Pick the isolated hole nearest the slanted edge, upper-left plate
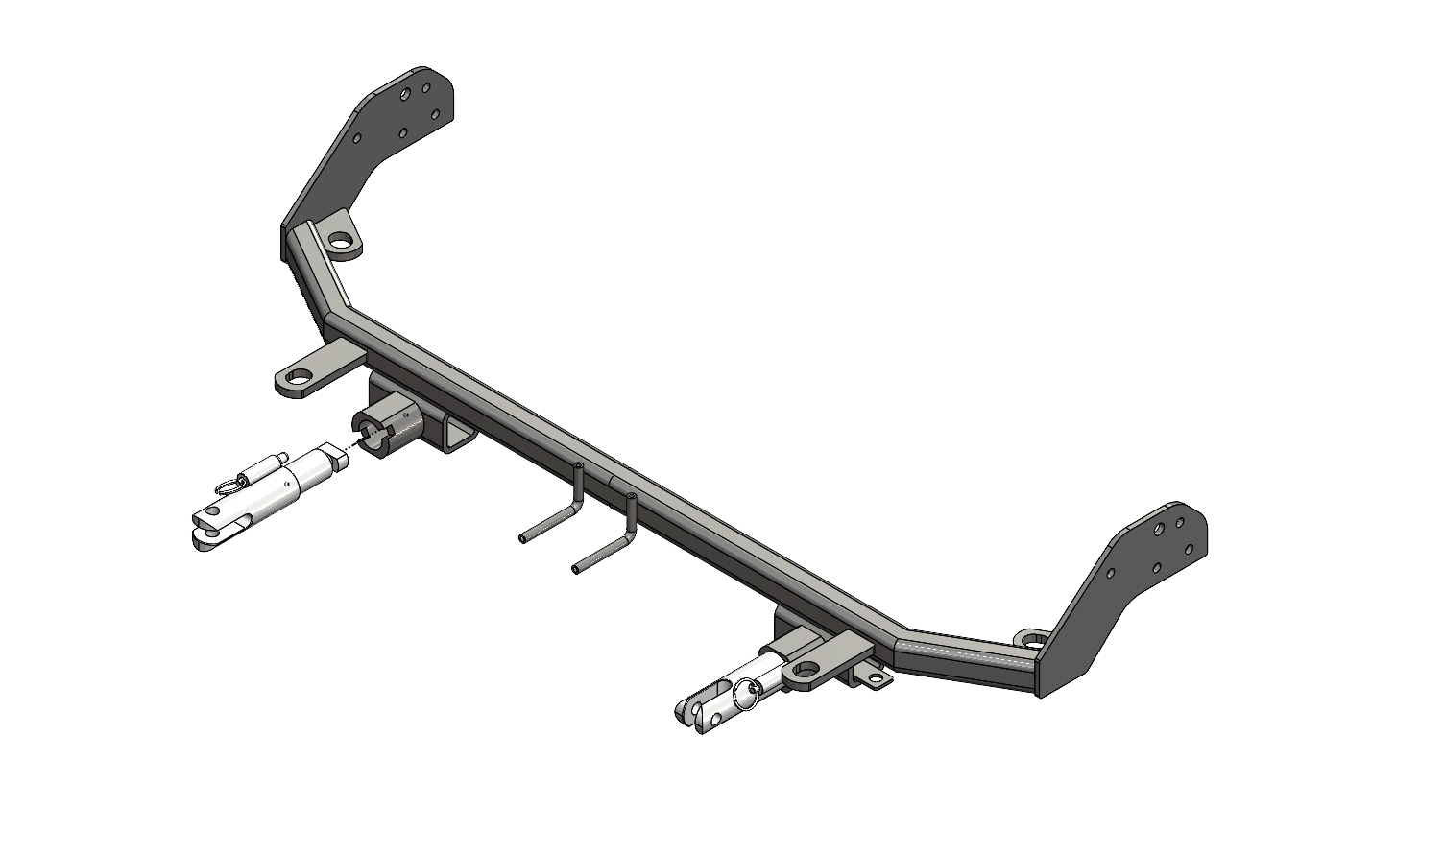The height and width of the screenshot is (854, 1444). [x=357, y=139]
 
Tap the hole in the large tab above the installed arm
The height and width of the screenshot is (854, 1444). [x=806, y=668]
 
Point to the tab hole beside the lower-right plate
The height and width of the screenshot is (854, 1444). [x=1033, y=639]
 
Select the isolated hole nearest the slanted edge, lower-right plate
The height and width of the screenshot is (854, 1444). [x=1112, y=573]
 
